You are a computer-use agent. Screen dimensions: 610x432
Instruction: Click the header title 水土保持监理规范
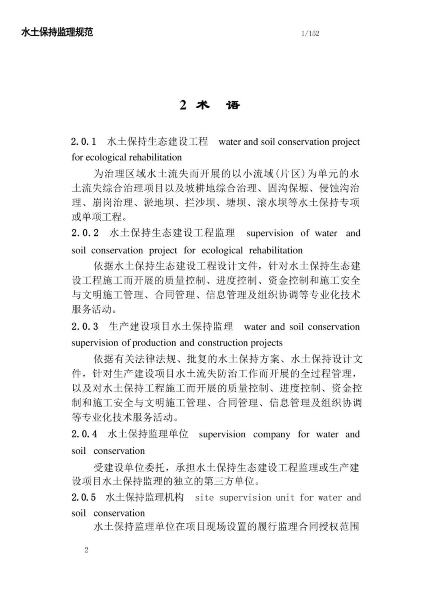[x=57, y=32]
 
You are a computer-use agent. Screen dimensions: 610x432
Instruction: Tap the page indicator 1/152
[x=310, y=34]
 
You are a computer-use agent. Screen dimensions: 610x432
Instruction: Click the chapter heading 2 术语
[x=210, y=105]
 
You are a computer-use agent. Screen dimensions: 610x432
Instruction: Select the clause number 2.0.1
[x=84, y=142]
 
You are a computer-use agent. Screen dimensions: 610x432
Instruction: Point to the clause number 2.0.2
[x=85, y=233]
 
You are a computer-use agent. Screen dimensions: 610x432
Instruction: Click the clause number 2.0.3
[x=84, y=327]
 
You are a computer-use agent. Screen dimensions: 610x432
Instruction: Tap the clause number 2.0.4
[x=84, y=434]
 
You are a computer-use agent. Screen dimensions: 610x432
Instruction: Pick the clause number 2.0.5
[x=84, y=497]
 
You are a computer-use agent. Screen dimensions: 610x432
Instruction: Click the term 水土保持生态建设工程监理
[x=172, y=233]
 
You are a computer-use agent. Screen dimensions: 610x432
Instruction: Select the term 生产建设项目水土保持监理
[x=171, y=327]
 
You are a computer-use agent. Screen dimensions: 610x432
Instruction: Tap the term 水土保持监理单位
[x=148, y=434]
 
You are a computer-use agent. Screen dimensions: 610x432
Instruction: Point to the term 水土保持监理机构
[x=145, y=497]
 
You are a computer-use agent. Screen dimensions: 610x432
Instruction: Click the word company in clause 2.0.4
[x=272, y=435]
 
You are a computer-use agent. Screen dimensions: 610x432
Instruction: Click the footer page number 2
[x=86, y=550]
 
